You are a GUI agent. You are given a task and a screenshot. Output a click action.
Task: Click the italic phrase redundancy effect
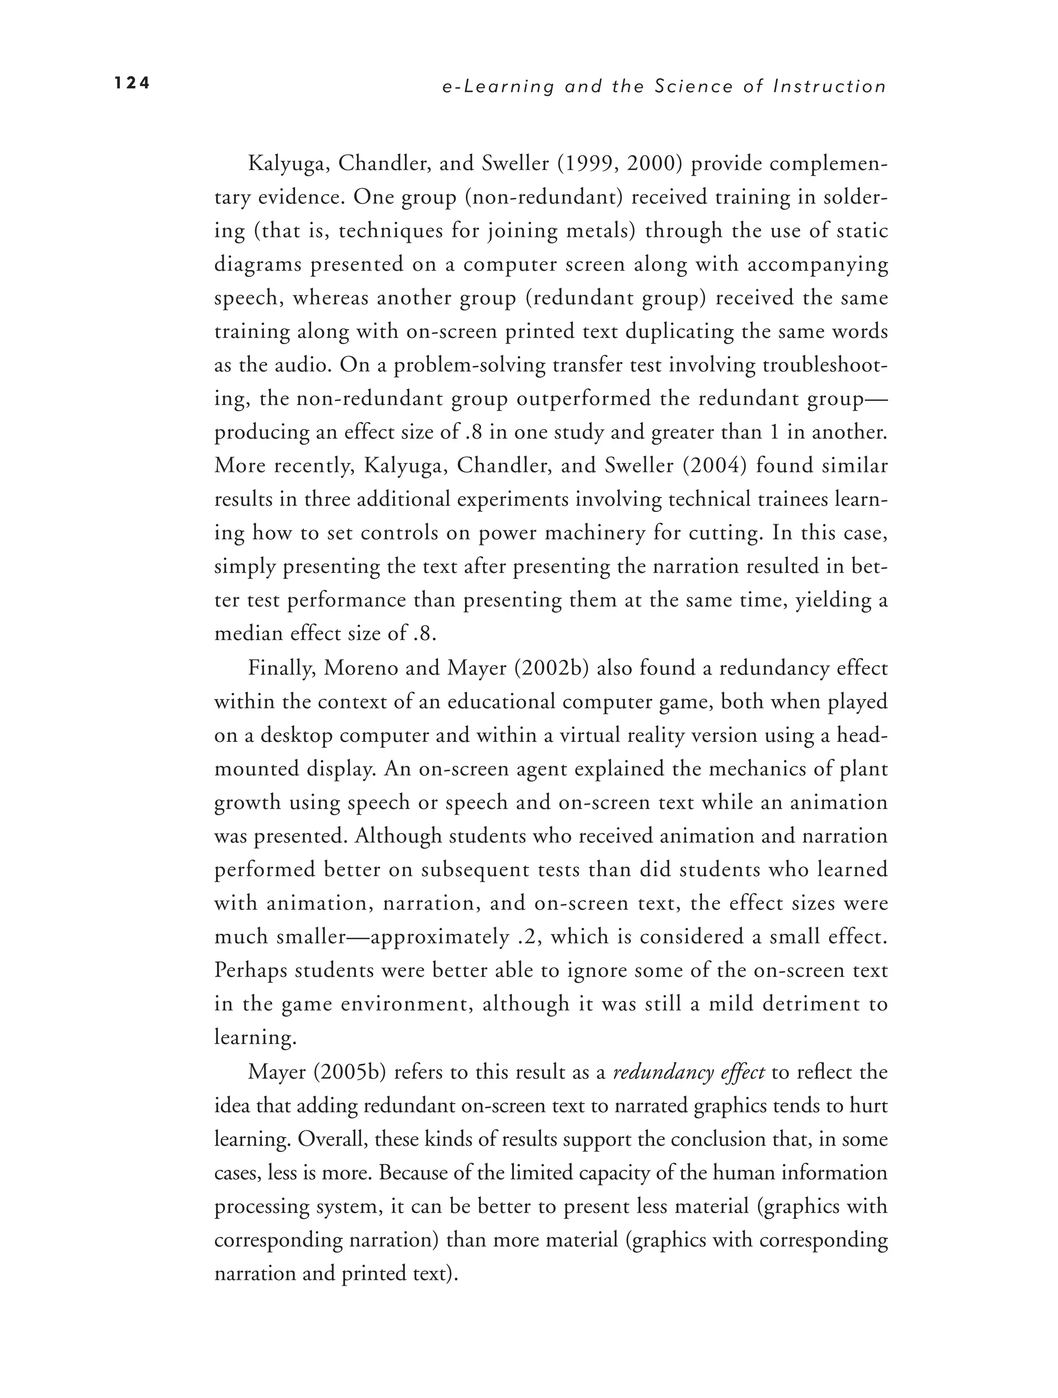point(689,1073)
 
